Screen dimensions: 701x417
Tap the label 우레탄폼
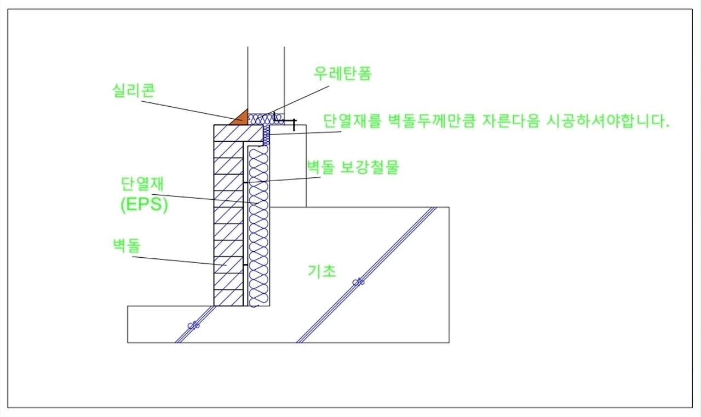[x=343, y=73]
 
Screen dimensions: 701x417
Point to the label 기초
[x=322, y=271]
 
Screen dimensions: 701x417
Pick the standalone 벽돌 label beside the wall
[x=124, y=246]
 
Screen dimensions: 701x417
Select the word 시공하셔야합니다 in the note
[x=608, y=121]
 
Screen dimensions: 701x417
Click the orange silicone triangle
[x=240, y=118]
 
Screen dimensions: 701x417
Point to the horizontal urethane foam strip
[x=266, y=118]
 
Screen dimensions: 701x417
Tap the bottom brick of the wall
[x=228, y=298]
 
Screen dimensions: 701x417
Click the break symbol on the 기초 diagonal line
[x=359, y=282]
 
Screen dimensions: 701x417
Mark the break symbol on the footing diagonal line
[x=193, y=325]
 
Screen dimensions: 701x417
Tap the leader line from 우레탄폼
[x=298, y=99]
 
